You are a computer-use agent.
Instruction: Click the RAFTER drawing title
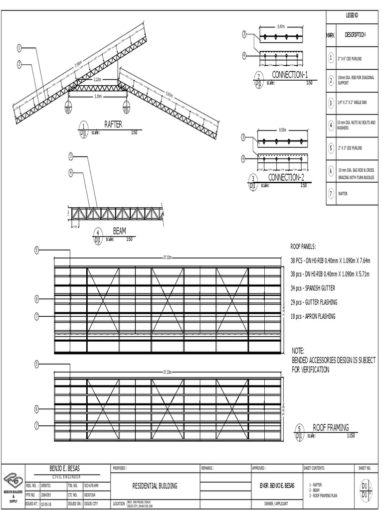tap(113, 124)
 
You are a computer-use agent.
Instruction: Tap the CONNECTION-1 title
tap(290, 75)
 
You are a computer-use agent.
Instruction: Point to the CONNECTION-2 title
tap(286, 177)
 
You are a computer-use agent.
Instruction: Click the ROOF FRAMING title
tap(331, 427)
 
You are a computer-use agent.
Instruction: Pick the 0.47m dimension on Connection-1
tap(281, 26)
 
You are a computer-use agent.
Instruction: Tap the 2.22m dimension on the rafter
tap(97, 80)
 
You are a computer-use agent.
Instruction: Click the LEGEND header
tap(352, 16)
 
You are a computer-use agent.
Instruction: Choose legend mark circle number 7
tap(331, 194)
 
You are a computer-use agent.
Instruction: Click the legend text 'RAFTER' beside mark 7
tap(344, 194)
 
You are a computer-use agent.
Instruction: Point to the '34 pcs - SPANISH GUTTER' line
tap(313, 288)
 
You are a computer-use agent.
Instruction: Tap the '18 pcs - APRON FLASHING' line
tap(313, 316)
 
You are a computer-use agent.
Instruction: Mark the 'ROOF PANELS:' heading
tap(307, 246)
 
